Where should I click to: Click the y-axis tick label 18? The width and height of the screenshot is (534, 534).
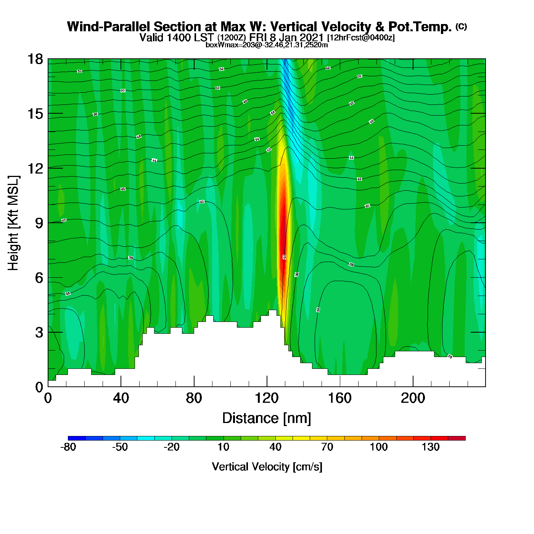click(x=35, y=59)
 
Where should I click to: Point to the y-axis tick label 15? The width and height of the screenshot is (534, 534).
click(x=35, y=114)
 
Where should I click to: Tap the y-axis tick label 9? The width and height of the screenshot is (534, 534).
click(x=39, y=223)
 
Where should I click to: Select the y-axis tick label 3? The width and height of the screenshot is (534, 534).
click(x=39, y=333)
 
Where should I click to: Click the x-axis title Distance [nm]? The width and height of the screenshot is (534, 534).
click(x=267, y=418)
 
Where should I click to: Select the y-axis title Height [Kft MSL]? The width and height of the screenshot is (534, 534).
click(x=13, y=223)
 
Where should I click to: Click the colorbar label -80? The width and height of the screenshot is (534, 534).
click(x=68, y=447)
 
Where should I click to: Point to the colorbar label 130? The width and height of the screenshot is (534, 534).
click(x=431, y=447)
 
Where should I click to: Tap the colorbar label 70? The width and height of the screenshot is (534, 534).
click(x=327, y=447)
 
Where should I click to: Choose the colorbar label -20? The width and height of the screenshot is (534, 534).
click(x=172, y=447)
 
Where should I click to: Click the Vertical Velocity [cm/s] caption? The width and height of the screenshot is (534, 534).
click(x=267, y=466)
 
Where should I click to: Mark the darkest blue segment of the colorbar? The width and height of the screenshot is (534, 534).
click(x=77, y=438)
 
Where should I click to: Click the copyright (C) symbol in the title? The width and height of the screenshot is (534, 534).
click(x=461, y=26)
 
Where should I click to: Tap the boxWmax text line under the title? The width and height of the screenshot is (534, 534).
click(x=267, y=45)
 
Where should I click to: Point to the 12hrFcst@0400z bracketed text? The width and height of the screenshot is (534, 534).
click(x=361, y=38)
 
